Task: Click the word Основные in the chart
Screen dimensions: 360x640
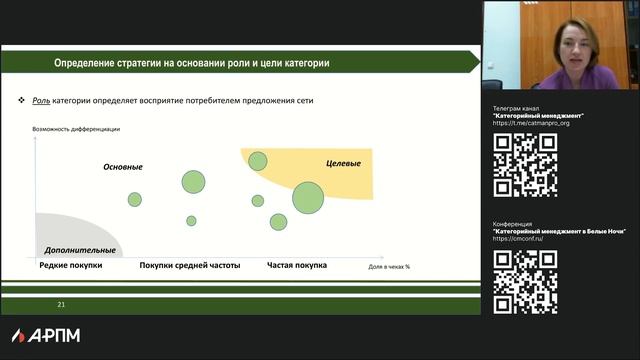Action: (123, 167)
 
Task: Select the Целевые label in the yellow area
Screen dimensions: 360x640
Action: (343, 163)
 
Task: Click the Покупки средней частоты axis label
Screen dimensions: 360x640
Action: (190, 266)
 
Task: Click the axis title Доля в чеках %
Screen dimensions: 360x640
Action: (389, 267)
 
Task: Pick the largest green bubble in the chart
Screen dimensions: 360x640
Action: (308, 196)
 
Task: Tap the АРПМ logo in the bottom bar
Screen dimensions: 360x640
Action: (46, 335)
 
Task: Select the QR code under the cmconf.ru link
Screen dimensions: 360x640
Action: (525, 281)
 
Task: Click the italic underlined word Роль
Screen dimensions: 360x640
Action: (41, 103)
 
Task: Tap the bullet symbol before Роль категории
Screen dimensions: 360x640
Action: (23, 103)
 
